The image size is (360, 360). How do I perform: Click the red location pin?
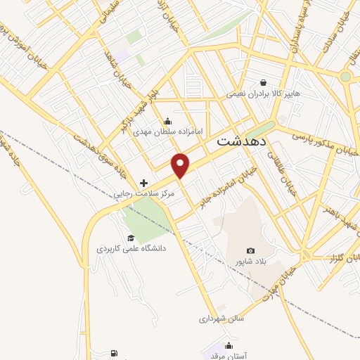181,165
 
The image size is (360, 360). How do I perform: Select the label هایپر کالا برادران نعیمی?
263,94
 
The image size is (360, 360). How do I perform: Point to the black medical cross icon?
144,182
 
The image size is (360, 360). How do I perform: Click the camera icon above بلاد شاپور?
251,250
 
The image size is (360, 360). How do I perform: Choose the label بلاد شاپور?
252,262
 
